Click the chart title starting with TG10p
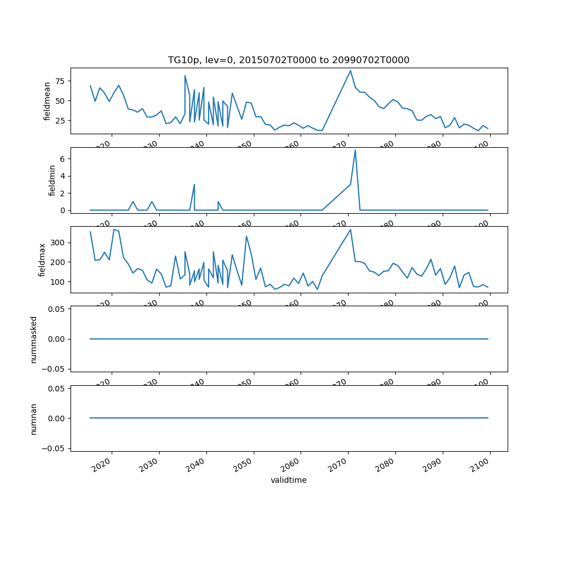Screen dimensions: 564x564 tap(289, 60)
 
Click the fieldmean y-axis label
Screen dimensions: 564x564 tap(47, 101)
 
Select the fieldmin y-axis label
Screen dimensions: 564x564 tap(52, 180)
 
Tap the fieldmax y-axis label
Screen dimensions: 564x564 tap(42, 259)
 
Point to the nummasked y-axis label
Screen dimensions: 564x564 tap(33, 339)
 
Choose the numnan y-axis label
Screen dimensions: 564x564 tap(33, 418)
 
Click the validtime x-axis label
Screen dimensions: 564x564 tap(289, 481)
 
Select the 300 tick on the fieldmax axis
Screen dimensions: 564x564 tap(58, 243)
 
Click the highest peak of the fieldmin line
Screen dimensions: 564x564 tap(355, 150)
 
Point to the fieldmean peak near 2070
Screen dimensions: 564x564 tap(350, 70)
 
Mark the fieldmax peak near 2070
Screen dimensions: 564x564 tap(350, 230)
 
